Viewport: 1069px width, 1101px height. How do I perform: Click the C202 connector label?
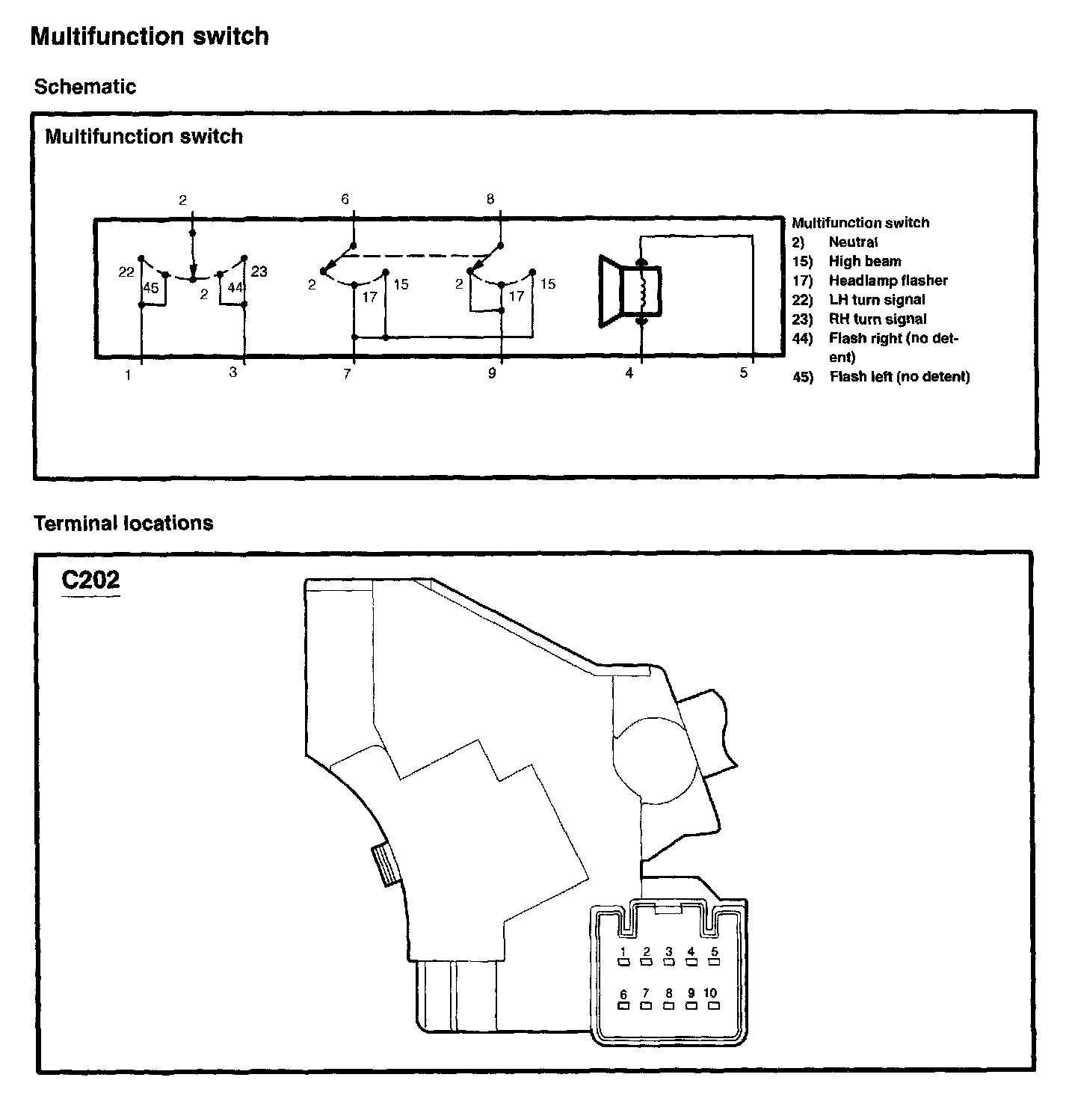tap(90, 580)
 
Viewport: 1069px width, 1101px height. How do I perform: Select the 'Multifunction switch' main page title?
tap(150, 37)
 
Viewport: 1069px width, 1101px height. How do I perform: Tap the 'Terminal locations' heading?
tap(123, 523)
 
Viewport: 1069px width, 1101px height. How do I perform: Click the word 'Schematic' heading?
tap(85, 87)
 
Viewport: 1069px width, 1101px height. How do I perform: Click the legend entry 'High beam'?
tap(864, 261)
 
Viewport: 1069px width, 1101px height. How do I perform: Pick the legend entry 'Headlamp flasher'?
tap(887, 280)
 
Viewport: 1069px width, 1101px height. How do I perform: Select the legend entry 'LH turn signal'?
tap(876, 300)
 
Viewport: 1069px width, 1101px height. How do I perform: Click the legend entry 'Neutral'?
tap(853, 242)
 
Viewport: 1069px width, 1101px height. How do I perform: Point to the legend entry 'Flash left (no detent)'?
tap(899, 376)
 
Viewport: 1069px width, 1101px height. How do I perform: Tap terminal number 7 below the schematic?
tap(347, 374)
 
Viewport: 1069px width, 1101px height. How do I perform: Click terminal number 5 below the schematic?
tap(743, 372)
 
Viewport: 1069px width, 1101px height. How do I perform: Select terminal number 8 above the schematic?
tap(490, 199)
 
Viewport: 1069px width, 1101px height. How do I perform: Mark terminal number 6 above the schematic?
tap(345, 199)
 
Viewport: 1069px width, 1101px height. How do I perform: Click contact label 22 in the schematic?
tap(126, 272)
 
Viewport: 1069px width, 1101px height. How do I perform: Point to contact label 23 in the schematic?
tap(259, 271)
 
